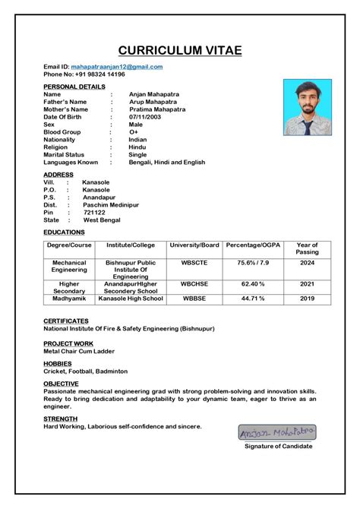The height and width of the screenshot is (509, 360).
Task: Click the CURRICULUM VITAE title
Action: (x=180, y=50)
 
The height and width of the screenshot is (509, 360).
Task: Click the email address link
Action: (x=116, y=67)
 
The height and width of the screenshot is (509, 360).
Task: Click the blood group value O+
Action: (x=133, y=132)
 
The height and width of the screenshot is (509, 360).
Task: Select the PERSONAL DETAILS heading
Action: (x=74, y=87)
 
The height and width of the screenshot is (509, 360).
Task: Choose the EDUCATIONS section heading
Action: (x=64, y=231)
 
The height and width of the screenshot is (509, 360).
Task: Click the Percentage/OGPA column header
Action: (x=252, y=245)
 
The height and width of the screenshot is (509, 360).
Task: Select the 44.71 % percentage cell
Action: (x=252, y=299)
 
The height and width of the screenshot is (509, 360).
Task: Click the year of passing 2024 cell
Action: (x=307, y=262)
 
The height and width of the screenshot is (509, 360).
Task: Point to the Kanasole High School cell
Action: (x=131, y=299)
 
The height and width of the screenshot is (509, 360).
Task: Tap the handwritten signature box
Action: (x=276, y=432)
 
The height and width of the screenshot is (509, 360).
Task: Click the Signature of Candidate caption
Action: (x=278, y=446)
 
